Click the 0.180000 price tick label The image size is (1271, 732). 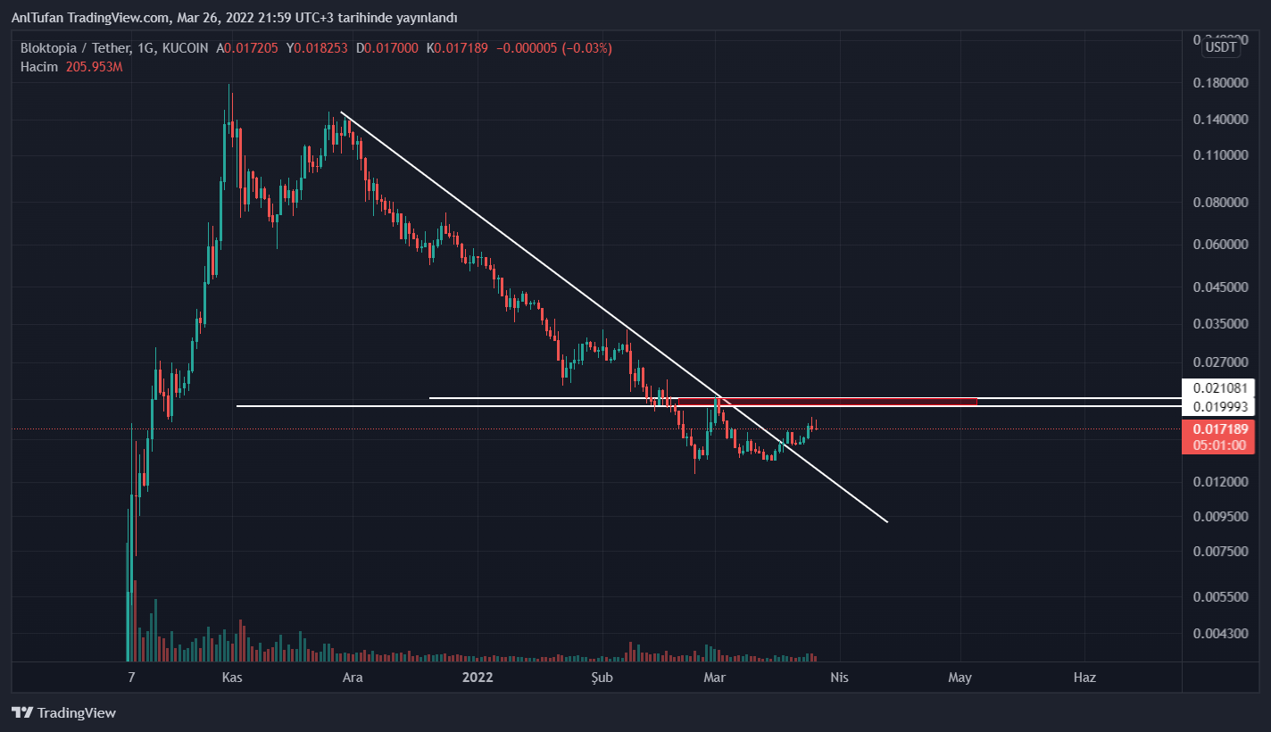(x=1220, y=83)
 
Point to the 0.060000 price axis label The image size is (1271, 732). (x=1220, y=244)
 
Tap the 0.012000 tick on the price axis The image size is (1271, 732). (x=1220, y=482)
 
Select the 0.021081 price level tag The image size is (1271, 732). (x=1218, y=388)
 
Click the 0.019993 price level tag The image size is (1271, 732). (x=1218, y=407)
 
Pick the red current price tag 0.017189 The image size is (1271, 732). (x=1218, y=429)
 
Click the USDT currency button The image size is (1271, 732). (x=1221, y=47)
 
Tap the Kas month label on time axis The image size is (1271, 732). (x=232, y=678)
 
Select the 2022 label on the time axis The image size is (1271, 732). (x=478, y=678)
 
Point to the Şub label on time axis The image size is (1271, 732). (x=602, y=678)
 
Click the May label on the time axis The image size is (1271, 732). (x=959, y=678)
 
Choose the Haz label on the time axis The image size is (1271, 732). (x=1084, y=678)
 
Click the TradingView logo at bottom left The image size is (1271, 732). (x=64, y=713)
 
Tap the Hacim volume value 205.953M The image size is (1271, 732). (x=94, y=67)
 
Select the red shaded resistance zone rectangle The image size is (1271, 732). (x=827, y=401)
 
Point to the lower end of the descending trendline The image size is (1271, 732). (x=886, y=521)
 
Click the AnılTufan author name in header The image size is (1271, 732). (x=40, y=18)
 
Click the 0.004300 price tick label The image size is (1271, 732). (x=1220, y=634)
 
